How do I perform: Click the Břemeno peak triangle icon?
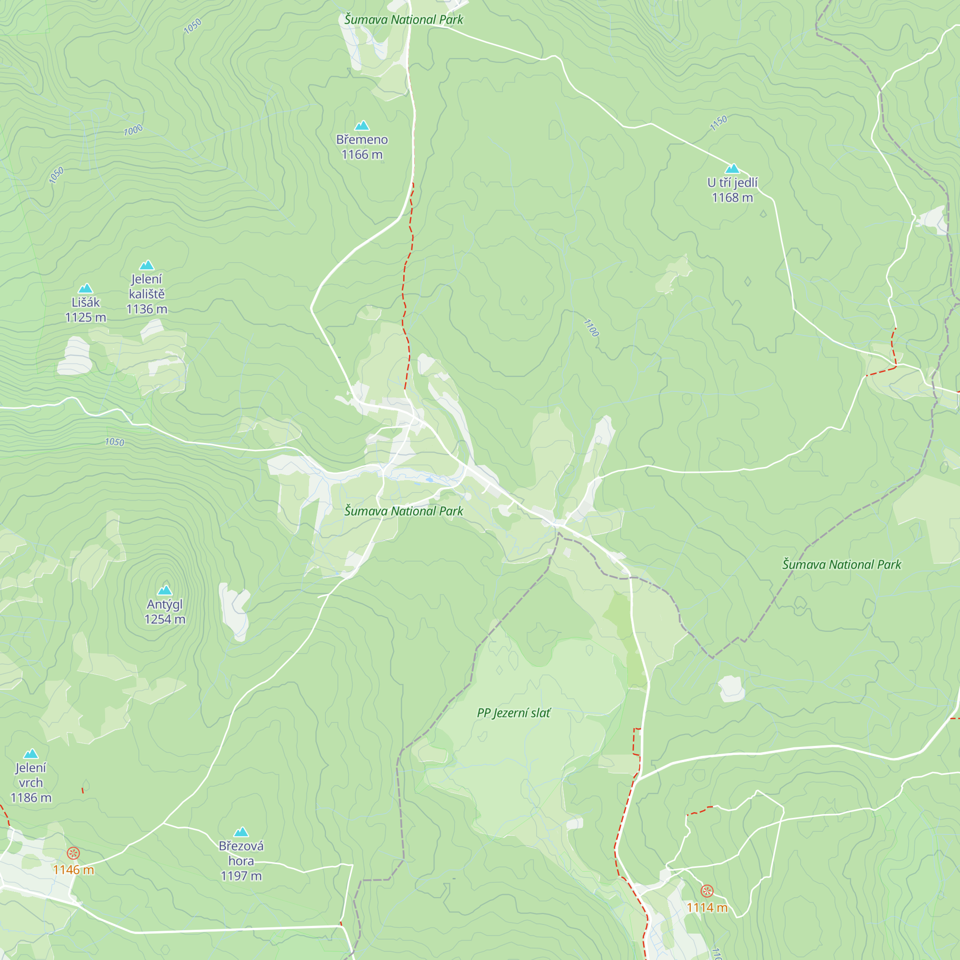[x=362, y=125]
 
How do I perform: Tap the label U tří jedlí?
[x=732, y=182]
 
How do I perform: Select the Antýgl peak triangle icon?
[x=165, y=590]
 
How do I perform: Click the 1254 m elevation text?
[x=165, y=619]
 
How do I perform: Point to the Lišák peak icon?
[x=85, y=288]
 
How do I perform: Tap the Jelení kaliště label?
[x=146, y=286]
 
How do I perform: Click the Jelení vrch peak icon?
[x=31, y=753]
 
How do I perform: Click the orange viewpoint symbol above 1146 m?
[x=73, y=853]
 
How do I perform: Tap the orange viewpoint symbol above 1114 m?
[x=707, y=890]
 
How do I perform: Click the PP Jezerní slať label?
[x=513, y=713]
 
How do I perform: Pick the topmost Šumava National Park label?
[x=404, y=20]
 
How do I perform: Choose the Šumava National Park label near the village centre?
[x=404, y=511]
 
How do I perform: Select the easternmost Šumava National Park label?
[x=842, y=564]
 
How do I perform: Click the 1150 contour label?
[x=719, y=123]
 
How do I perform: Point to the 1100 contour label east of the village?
[x=591, y=328]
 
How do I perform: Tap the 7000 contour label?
[x=133, y=130]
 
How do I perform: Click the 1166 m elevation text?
[x=362, y=155]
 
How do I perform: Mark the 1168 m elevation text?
[x=732, y=198]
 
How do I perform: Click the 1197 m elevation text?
[x=241, y=876]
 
